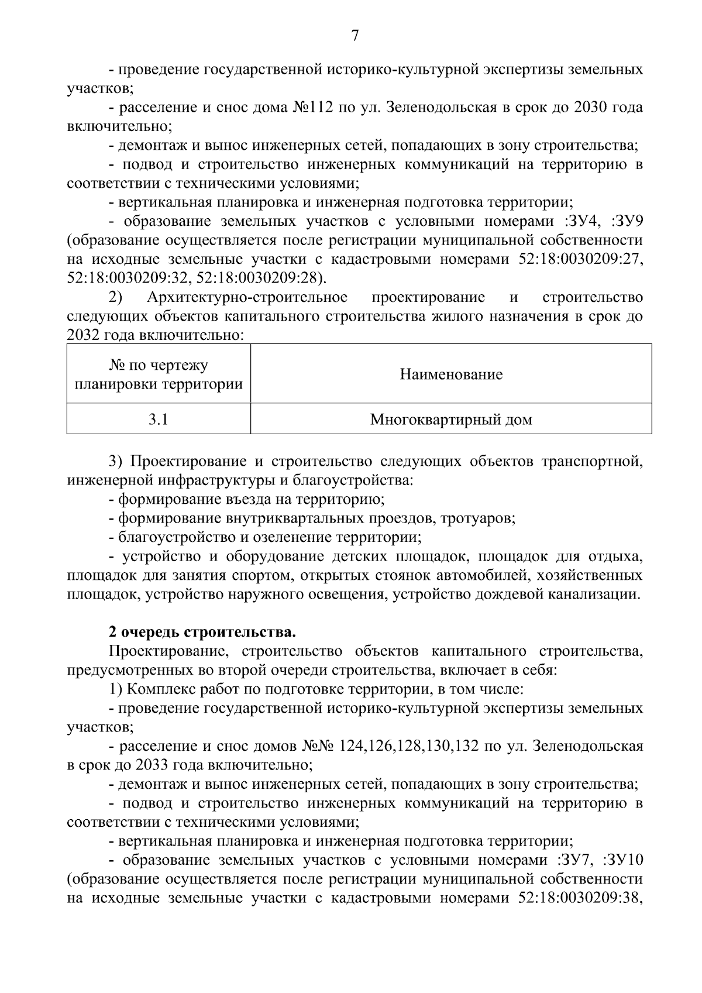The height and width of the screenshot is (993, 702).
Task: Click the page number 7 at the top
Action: tap(355, 36)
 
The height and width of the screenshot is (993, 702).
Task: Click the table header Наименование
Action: tap(451, 374)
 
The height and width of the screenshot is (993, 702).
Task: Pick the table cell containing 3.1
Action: tap(158, 419)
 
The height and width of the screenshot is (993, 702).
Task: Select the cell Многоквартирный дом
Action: tap(451, 419)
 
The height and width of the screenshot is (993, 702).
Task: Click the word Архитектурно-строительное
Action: tap(247, 298)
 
